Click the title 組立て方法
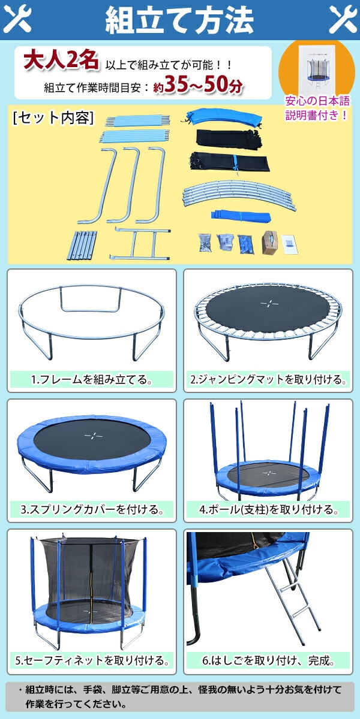[x=179, y=20]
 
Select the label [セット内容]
[x=53, y=117]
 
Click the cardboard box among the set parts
[x=270, y=243]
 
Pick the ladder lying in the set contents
[x=140, y=244]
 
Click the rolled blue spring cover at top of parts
[x=222, y=118]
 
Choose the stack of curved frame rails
[x=239, y=195]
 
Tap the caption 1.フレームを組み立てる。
[x=92, y=380]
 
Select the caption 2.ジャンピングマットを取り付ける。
[x=268, y=380]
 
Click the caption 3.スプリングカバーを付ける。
[x=92, y=509]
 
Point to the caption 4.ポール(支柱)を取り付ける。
[x=268, y=509]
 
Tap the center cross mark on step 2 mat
[x=269, y=303]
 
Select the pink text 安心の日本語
[x=317, y=101]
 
